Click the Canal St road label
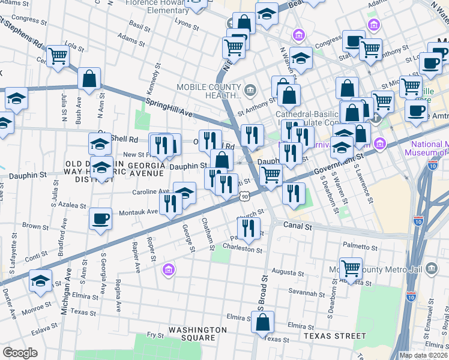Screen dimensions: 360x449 pos(298,227)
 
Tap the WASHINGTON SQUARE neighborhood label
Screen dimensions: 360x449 pos(197,334)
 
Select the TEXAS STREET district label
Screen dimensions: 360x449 pos(334,336)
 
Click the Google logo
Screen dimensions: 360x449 pos(20,353)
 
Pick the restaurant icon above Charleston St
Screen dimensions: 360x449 pos(247,227)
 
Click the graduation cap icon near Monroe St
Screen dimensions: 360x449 pos(40,281)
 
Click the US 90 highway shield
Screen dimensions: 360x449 pos(243,196)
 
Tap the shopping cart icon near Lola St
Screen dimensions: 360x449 pos(58,56)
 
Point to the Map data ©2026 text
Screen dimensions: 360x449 pos(423,355)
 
